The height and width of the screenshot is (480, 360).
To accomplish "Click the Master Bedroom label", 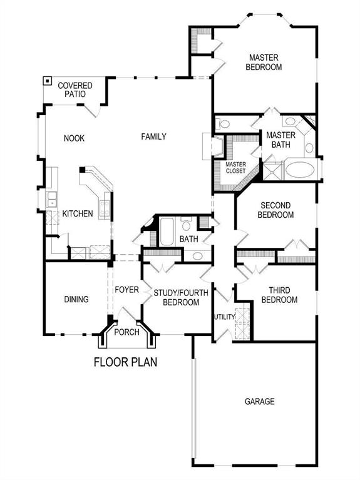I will [263, 61].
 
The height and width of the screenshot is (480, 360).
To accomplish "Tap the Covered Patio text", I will [75, 89].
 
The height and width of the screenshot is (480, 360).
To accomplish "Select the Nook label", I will [74, 138].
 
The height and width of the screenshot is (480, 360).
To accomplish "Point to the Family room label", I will [153, 136].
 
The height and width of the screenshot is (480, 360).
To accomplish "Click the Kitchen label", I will [78, 214].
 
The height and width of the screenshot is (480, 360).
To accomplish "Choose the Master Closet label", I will [236, 168].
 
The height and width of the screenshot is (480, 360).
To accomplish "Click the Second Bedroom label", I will [277, 210].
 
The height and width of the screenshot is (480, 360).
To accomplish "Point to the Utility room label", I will [224, 317].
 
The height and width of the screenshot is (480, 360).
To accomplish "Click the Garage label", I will [259, 401].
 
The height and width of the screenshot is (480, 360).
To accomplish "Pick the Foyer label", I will [126, 290].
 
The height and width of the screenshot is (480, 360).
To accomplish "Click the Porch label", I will [127, 332].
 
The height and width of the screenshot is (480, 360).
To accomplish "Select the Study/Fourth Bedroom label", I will [177, 297].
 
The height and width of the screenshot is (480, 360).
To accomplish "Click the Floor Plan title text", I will [125, 362].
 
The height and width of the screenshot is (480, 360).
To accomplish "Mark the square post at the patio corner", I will [47, 81].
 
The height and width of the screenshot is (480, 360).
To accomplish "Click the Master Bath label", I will [280, 140].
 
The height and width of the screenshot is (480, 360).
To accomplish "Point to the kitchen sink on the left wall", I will [49, 200].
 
